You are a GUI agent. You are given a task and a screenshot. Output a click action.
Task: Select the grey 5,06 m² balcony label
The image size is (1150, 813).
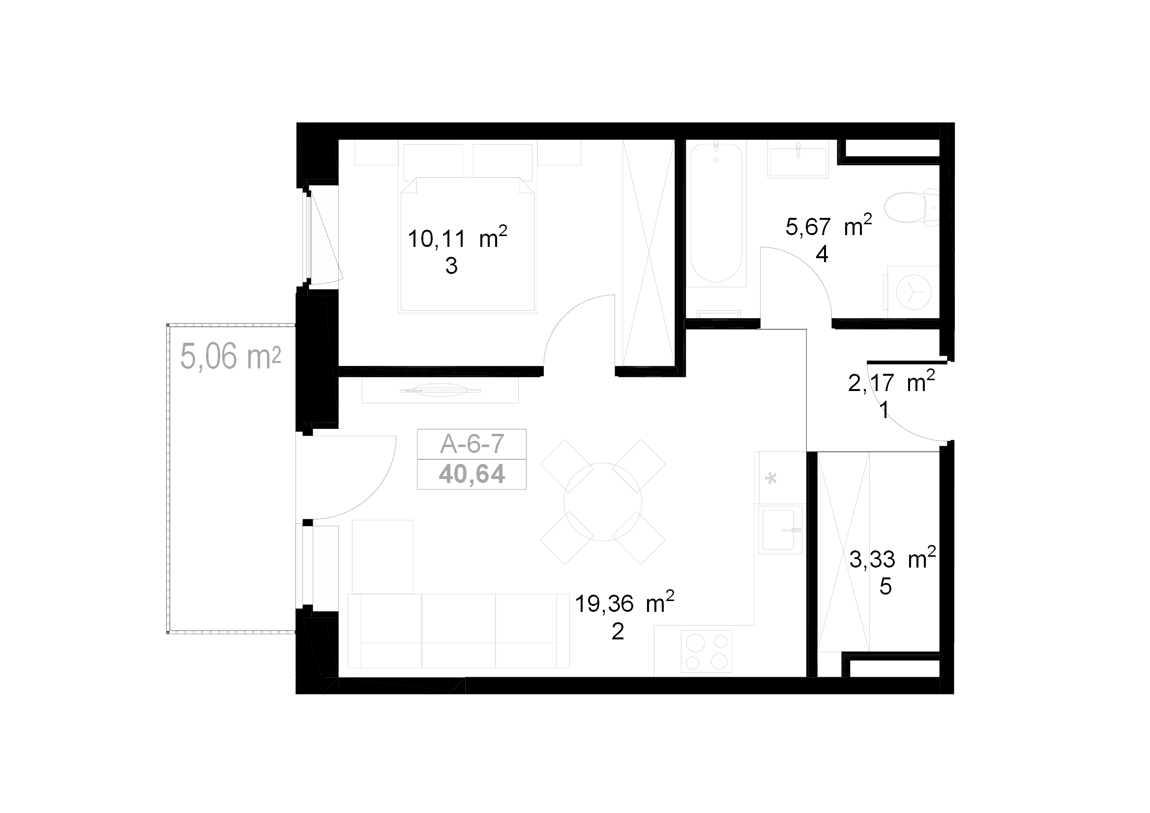[x=231, y=356]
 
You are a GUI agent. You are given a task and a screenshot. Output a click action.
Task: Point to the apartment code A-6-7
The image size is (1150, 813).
[x=472, y=444]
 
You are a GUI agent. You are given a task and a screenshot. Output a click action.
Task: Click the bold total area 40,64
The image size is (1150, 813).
[x=472, y=474]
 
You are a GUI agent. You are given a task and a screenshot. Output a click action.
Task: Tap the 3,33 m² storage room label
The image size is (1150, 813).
[x=892, y=559]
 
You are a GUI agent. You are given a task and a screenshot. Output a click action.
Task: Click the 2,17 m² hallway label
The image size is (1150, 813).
[x=891, y=382]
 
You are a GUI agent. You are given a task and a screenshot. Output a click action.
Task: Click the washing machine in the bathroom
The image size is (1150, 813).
[x=913, y=292]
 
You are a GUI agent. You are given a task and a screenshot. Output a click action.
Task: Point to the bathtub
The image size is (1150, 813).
[x=716, y=213]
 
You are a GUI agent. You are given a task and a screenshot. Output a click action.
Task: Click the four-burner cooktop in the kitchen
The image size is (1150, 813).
[x=706, y=651]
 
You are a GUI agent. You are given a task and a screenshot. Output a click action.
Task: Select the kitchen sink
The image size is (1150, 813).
[x=780, y=530]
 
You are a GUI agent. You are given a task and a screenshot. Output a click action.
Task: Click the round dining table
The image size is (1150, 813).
[x=603, y=502]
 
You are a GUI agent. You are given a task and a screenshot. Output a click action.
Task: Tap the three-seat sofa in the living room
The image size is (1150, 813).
[x=458, y=631]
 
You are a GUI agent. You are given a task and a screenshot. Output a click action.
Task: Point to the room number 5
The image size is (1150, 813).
[x=885, y=587]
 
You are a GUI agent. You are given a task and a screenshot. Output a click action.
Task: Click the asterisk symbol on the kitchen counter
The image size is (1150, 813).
[x=771, y=479]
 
